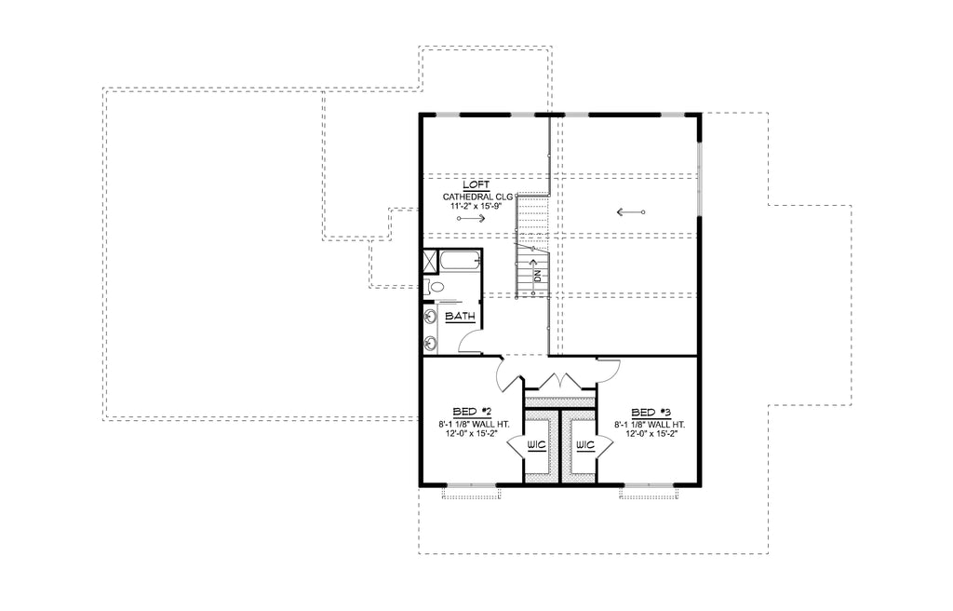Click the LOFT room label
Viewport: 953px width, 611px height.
476,185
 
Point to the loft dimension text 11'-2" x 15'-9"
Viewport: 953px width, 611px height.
476,206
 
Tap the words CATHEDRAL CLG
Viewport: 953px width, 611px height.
477,197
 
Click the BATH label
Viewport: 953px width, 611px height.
460,317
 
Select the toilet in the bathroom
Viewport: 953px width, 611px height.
434,286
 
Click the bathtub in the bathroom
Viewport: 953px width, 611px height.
460,262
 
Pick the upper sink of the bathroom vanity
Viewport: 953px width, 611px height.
430,317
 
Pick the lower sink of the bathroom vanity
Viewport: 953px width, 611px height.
430,344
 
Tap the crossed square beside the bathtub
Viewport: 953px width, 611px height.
430,262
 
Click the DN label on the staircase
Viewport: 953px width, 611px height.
537,275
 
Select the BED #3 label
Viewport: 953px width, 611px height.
651,413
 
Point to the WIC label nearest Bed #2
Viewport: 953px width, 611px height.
536,445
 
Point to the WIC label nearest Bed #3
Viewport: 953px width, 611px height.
584,445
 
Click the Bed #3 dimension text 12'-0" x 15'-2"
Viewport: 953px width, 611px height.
651,434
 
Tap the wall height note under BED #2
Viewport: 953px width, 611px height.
474,424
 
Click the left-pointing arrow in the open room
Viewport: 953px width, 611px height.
630,212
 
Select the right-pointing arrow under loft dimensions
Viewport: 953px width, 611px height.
471,218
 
